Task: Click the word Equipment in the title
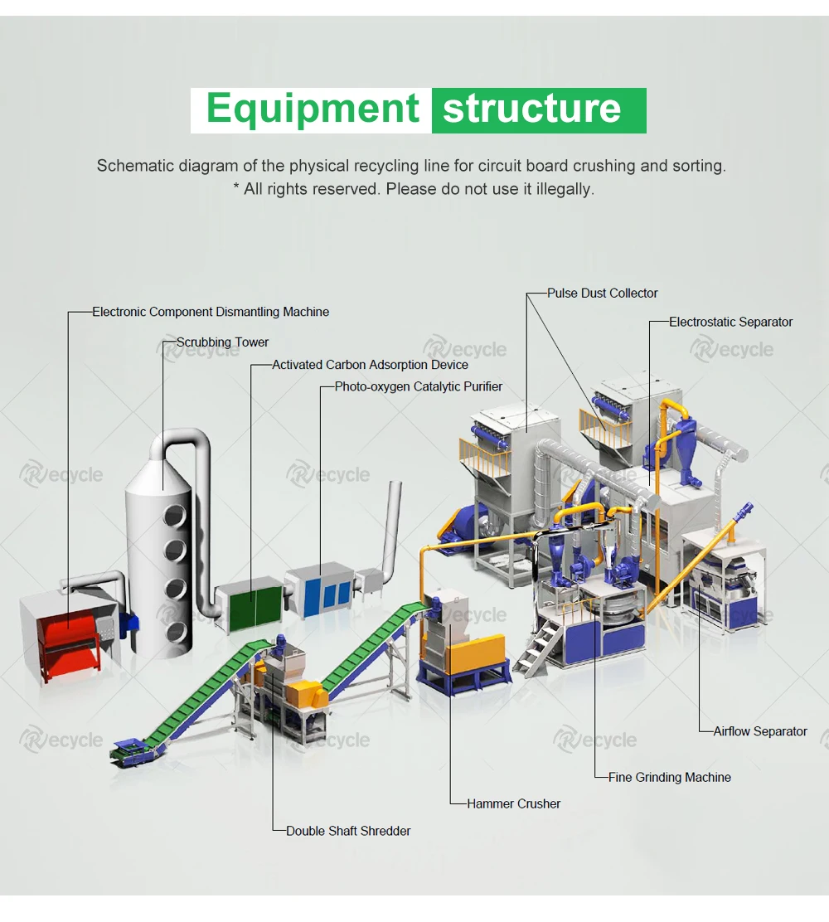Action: click(313, 109)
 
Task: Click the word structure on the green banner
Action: click(531, 109)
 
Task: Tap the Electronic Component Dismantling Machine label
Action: click(211, 313)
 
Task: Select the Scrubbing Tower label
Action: click(222, 342)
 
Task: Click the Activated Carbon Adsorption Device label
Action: click(370, 365)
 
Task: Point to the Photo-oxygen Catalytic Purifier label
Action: click(419, 387)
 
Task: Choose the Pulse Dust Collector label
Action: click(603, 294)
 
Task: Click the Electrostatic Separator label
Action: click(730, 322)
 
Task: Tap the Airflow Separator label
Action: click(760, 731)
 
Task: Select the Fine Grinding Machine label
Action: click(670, 778)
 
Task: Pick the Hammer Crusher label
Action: click(514, 803)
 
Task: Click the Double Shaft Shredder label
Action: click(348, 831)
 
